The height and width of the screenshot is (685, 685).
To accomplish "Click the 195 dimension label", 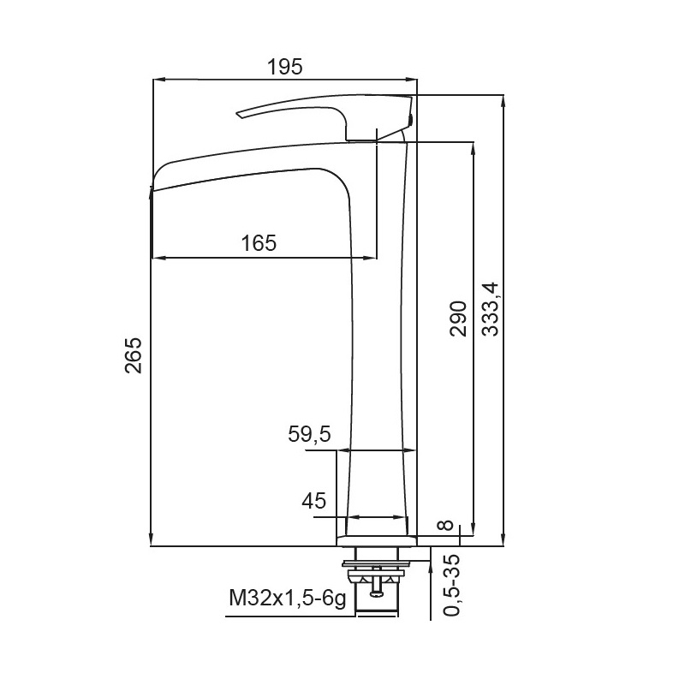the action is tap(284, 67).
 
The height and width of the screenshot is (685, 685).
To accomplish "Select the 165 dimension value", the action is tap(259, 243).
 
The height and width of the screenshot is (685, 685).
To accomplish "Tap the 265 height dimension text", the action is tap(134, 355).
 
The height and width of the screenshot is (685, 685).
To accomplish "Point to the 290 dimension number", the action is tap(458, 318).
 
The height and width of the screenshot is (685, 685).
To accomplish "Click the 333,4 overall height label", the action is tap(490, 309).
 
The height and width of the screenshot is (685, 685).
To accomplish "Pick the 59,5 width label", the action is tap(310, 434).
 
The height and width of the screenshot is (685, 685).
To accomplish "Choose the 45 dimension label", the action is tap(313, 501).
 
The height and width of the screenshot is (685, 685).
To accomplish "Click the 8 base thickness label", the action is tap(446, 525).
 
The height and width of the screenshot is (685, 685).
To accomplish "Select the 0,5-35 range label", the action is tap(452, 585).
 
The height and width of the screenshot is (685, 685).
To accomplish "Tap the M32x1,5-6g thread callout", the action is tap(288, 598).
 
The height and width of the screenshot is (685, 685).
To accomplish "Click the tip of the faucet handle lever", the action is tap(238, 115).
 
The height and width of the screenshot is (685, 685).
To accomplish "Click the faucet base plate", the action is tap(377, 541).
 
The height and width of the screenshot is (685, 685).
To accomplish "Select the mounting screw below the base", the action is tap(376, 581).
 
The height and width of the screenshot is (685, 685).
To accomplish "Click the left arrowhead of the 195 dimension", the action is tap(158, 80).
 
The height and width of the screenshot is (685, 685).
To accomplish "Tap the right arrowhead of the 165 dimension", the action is tap(371, 258).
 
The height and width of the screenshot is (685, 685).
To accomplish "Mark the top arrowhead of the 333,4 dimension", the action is tap(503, 101).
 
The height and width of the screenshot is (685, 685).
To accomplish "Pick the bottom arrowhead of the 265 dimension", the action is tap(152, 540).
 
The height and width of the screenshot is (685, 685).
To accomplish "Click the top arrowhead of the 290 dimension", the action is tap(473, 148).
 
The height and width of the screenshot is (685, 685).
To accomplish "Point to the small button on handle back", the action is tap(410, 119).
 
